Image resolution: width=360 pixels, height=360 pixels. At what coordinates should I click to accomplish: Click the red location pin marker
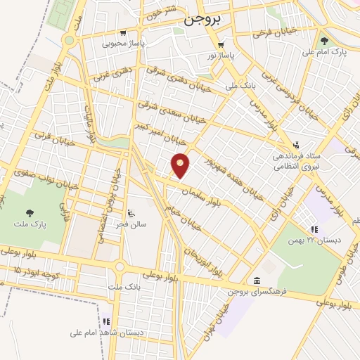click(181, 165)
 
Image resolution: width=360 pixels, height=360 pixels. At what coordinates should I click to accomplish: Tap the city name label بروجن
click(203, 21)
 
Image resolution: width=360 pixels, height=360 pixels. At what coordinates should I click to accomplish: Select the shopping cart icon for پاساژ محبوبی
click(123, 32)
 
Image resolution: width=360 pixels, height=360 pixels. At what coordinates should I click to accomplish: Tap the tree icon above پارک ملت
click(30, 212)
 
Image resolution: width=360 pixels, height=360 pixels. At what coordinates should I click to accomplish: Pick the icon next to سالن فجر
click(131, 212)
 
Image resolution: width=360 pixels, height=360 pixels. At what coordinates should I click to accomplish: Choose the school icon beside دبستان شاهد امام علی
click(107, 321)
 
